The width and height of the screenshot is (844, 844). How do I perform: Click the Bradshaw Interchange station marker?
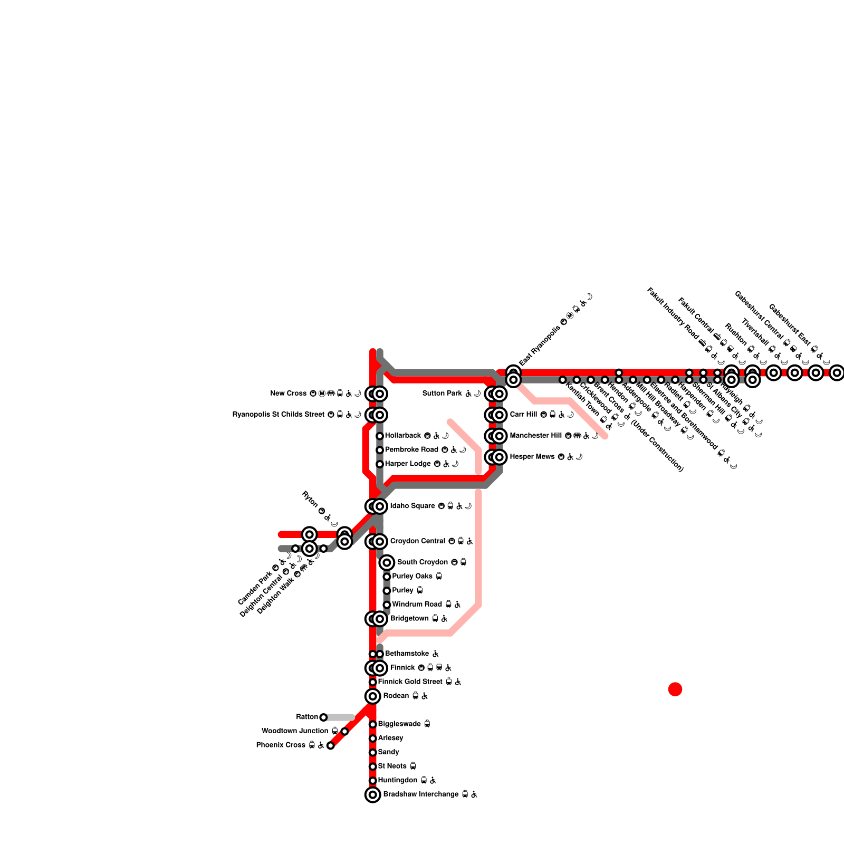click(x=373, y=794)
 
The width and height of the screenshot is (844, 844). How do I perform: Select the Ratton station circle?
click(x=323, y=717)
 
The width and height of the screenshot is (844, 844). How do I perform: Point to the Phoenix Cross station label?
click(x=281, y=745)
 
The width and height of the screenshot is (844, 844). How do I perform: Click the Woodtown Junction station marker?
click(x=344, y=731)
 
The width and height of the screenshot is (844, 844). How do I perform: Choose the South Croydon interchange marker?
click(x=387, y=562)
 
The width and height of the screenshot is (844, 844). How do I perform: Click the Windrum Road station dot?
click(x=387, y=605)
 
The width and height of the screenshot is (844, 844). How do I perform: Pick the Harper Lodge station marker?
click(x=380, y=464)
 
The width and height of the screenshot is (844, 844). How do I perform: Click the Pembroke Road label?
click(x=411, y=450)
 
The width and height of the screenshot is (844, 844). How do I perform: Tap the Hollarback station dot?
click(x=380, y=436)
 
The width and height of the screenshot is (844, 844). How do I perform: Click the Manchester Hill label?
click(x=536, y=436)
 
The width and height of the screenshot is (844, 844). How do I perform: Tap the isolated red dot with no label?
click(x=675, y=689)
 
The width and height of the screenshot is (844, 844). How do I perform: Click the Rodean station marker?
click(x=373, y=696)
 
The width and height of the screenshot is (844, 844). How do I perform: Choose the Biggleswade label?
click(x=399, y=724)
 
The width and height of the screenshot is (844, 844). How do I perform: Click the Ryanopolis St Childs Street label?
click(x=279, y=415)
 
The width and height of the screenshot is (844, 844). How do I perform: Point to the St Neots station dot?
click(x=373, y=766)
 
